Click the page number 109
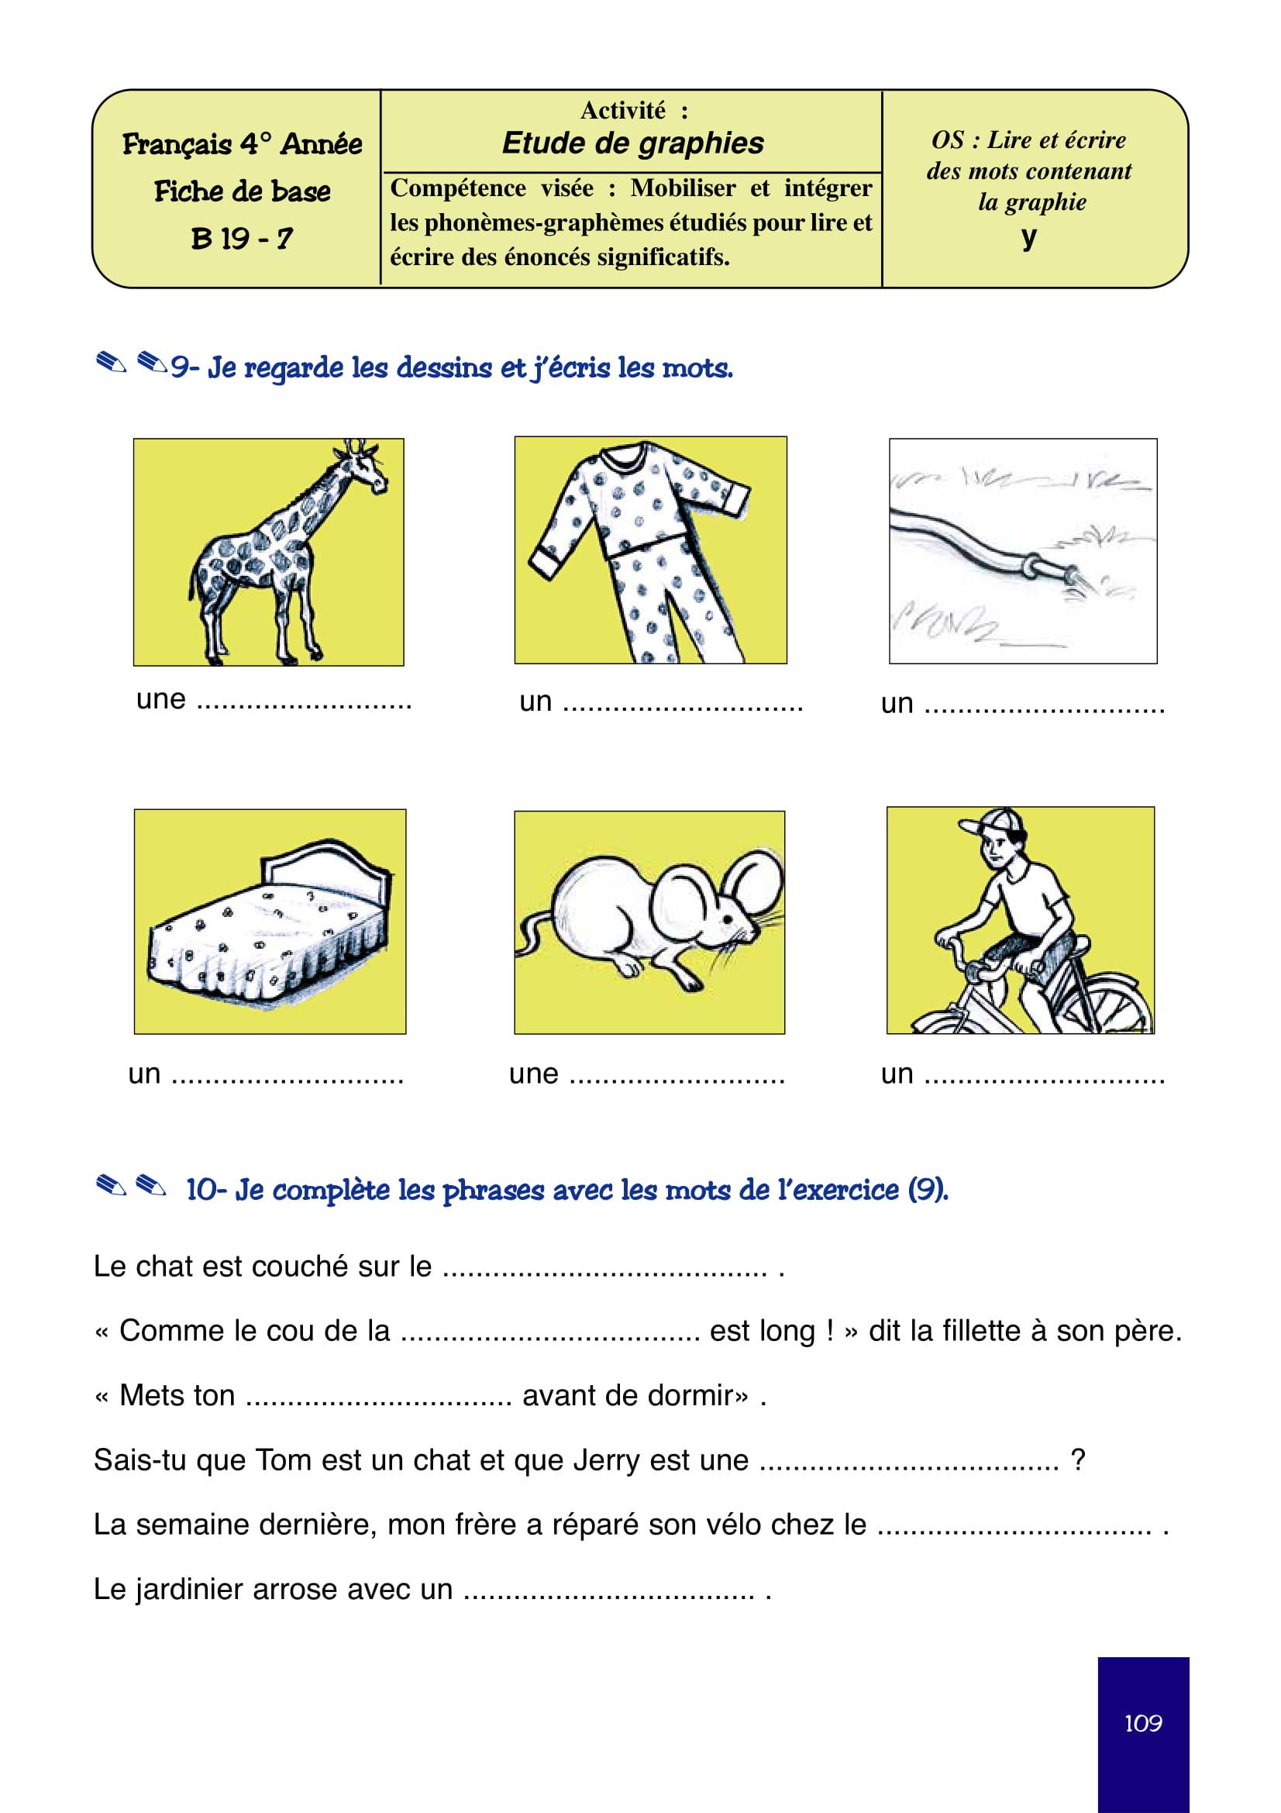1142,1722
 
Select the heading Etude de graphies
632,143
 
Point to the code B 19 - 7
242,238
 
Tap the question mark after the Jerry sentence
1077,1460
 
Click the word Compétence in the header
458,188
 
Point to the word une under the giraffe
161,699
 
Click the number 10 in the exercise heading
201,1189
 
